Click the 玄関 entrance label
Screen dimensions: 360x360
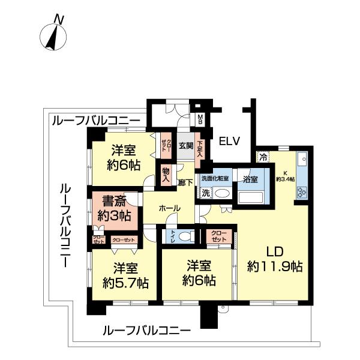click(x=185, y=146)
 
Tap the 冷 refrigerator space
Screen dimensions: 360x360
click(x=263, y=158)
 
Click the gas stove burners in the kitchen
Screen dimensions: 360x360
click(x=301, y=193)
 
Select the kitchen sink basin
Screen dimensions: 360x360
click(x=302, y=162)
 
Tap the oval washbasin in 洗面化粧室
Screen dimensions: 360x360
click(x=223, y=194)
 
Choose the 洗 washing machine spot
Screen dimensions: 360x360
click(x=205, y=193)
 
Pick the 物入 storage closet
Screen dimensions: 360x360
click(x=166, y=176)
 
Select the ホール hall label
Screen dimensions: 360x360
click(x=169, y=208)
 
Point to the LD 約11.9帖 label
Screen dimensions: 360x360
click(x=274, y=259)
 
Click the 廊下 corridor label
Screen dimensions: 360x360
click(x=185, y=182)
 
